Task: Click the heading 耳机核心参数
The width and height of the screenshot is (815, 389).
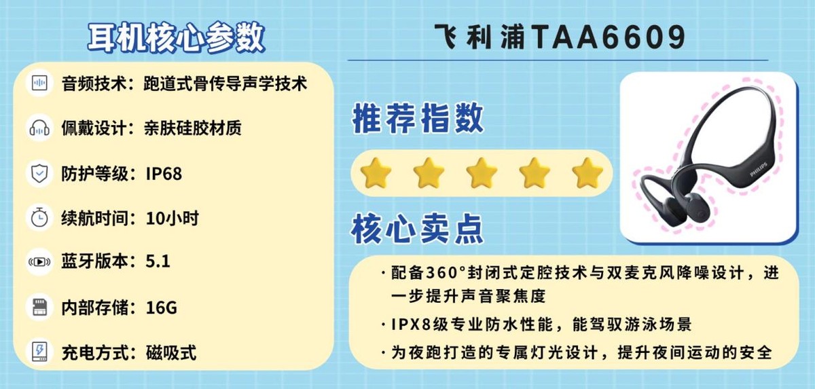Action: [176, 37]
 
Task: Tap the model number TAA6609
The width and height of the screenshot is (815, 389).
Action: [609, 37]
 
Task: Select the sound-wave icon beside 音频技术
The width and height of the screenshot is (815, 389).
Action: [39, 84]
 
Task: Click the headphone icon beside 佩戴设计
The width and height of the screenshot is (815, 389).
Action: [39, 128]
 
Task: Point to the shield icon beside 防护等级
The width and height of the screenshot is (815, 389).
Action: [39, 173]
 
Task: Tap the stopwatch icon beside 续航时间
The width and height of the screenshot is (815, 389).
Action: [39, 218]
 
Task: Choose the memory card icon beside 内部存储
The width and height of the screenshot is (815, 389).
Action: [39, 308]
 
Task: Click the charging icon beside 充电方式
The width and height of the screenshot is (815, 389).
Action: [39, 352]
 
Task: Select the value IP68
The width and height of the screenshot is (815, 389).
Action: [164, 174]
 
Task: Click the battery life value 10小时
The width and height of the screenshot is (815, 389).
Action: [172, 218]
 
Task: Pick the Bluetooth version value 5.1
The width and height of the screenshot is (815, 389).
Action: [158, 261]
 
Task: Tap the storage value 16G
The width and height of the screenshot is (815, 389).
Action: [162, 308]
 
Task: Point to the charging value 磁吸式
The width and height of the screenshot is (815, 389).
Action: [171, 352]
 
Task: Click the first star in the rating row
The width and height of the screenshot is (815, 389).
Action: [376, 173]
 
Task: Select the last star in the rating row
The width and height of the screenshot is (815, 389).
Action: [587, 173]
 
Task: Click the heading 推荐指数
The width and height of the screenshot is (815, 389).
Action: [418, 118]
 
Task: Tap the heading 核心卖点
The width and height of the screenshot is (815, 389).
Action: [417, 228]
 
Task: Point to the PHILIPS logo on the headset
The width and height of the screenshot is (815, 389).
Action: [759, 170]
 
